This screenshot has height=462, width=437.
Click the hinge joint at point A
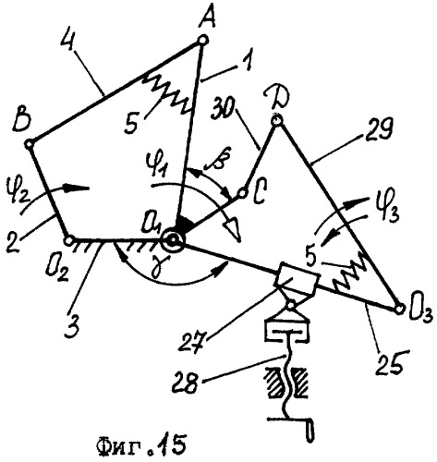[x=203, y=41]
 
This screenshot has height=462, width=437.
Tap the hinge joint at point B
[x=30, y=143]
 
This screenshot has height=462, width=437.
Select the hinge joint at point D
[x=276, y=120]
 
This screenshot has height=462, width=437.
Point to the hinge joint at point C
[x=242, y=193]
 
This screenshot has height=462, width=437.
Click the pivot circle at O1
[x=173, y=239]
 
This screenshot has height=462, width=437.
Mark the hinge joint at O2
[x=68, y=240]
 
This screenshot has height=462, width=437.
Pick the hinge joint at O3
[x=399, y=309]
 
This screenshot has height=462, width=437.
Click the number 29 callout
[x=374, y=130]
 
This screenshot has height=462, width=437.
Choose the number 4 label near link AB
[x=68, y=45]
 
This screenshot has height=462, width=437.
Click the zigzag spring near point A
[x=168, y=95]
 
